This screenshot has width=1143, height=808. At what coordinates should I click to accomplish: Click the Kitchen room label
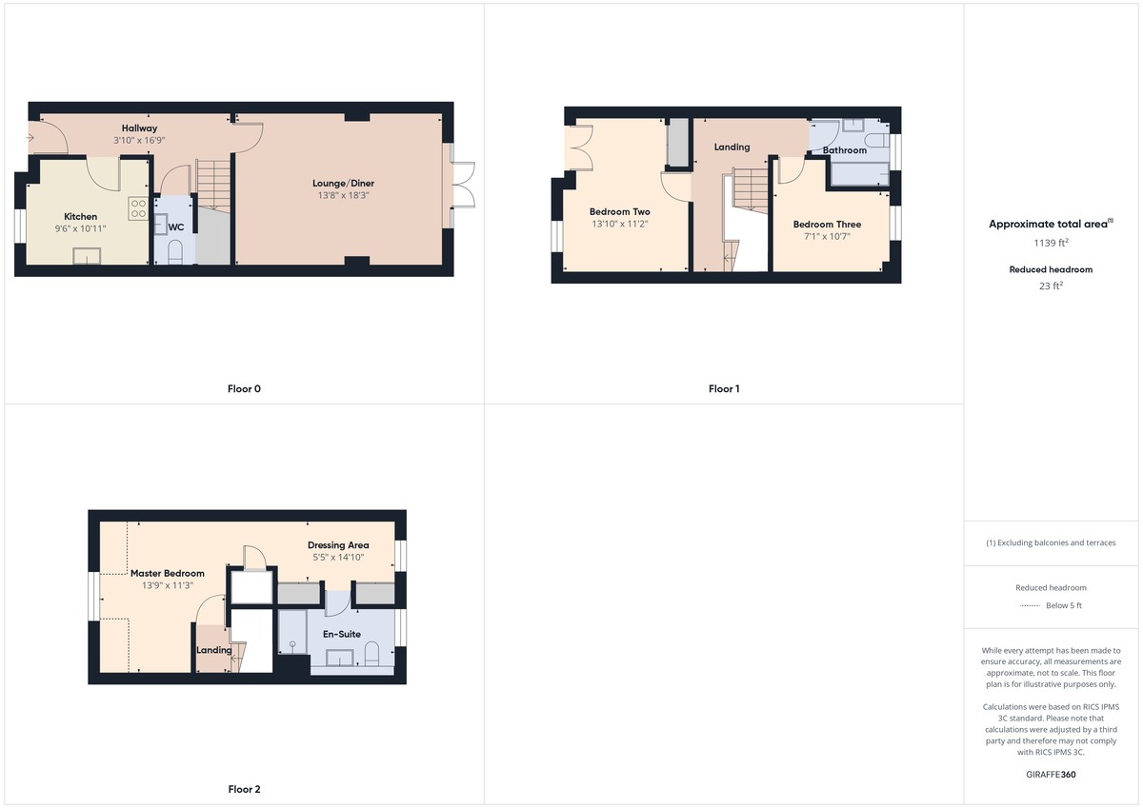81,217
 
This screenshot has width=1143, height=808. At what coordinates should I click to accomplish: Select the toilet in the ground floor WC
174,251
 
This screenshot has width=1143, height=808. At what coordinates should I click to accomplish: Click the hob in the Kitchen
138,207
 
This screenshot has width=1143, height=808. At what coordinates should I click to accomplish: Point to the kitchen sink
89,255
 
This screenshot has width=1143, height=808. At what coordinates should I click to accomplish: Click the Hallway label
139,128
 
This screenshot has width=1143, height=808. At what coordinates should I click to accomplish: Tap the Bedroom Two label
619,211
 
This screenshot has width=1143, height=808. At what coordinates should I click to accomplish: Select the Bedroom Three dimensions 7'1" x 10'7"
827,237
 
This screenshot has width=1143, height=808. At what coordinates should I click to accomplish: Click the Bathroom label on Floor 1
845,150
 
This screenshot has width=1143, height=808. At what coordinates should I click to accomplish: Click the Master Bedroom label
168,573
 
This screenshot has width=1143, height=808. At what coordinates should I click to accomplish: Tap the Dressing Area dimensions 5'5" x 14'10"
338,558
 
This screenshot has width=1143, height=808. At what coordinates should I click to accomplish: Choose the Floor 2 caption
244,789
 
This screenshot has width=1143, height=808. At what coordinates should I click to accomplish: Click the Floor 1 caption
724,388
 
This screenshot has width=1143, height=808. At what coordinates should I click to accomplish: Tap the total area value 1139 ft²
1051,243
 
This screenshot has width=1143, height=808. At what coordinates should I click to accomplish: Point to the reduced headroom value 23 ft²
1051,285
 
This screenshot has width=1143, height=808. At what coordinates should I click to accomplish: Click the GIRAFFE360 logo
1051,775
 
